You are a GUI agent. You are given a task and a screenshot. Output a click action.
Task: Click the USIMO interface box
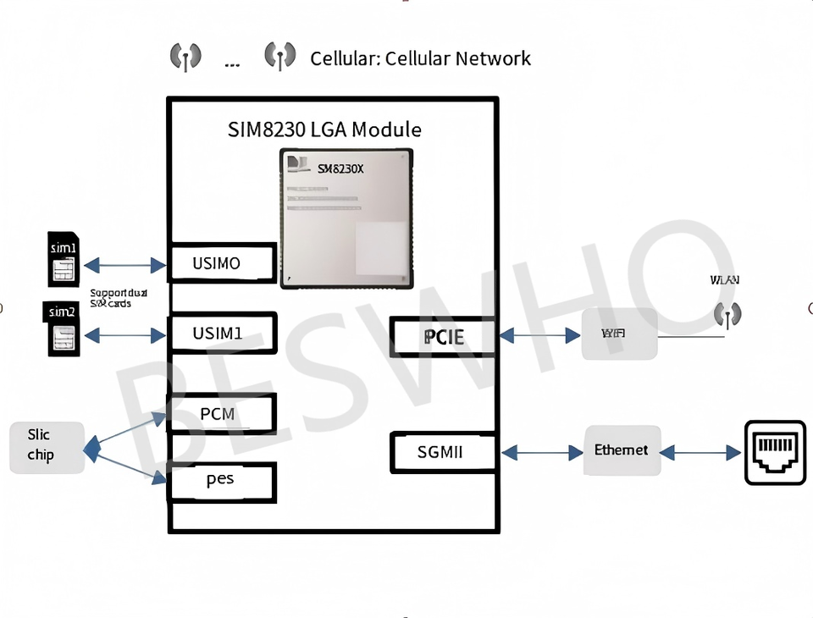point(223,263)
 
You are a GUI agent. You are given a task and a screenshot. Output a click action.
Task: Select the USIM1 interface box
point(223,334)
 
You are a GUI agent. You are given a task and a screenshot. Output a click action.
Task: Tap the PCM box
point(223,414)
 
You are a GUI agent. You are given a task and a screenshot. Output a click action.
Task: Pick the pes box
point(223,481)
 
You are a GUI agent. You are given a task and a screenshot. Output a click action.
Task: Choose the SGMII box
point(441,452)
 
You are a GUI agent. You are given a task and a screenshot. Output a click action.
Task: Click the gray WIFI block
point(619,334)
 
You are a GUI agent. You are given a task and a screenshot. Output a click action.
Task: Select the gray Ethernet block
point(622,450)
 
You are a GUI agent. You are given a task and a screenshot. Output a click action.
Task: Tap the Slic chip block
point(46,446)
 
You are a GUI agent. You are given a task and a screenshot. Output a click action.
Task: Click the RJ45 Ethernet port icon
point(775,452)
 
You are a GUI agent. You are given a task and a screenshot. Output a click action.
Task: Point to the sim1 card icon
point(63,259)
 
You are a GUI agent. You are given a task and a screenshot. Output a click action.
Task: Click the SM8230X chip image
point(346,219)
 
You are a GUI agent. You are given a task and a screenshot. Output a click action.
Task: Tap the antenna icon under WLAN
point(727,315)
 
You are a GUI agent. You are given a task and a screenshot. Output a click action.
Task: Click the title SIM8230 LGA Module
point(324,130)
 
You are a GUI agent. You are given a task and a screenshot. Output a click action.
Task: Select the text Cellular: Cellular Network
point(420,58)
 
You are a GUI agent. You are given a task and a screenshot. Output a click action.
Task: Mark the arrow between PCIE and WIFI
point(539,336)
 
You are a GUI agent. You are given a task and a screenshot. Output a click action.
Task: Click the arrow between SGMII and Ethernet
point(542,453)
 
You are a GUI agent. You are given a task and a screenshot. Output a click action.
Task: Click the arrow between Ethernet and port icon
point(700,453)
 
